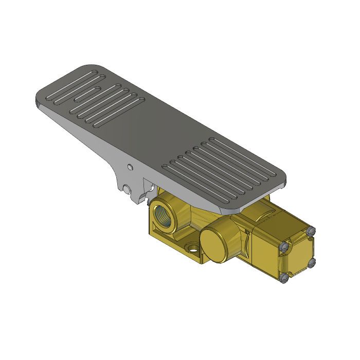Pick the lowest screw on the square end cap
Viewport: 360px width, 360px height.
coord(284,280)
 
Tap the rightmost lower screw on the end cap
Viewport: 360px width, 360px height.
coord(311,264)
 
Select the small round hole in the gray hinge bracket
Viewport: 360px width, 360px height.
coord(130,167)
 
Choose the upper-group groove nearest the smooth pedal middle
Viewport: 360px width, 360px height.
coord(118,112)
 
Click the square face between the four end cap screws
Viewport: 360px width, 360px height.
coord(297,256)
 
